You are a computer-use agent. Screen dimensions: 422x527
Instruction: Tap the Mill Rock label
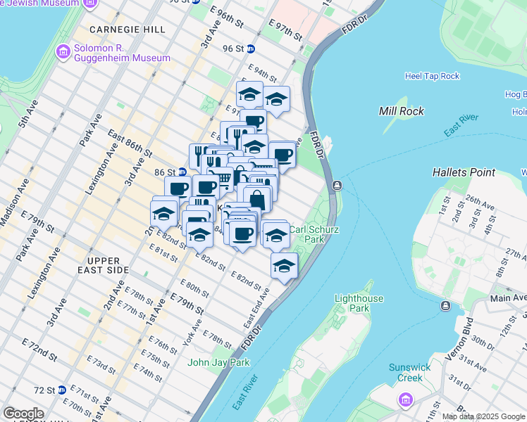pyautogui.click(x=401, y=111)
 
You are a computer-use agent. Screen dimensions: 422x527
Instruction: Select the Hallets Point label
pyautogui.click(x=464, y=172)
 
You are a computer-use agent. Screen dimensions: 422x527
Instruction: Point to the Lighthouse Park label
pyautogui.click(x=359, y=303)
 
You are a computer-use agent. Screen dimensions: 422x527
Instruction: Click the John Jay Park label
pyautogui.click(x=218, y=363)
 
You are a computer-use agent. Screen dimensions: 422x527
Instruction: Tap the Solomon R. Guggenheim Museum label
pyautogui.click(x=123, y=53)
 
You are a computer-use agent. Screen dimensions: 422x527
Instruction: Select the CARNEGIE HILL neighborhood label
pyautogui.click(x=128, y=30)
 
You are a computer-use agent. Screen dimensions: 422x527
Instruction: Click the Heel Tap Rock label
pyautogui.click(x=432, y=76)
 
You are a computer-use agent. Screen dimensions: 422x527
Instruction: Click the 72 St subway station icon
pyautogui.click(x=62, y=390)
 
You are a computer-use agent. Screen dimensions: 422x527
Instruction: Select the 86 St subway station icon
pyautogui.click(x=182, y=172)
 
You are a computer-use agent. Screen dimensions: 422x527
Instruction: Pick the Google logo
pyautogui.click(x=24, y=414)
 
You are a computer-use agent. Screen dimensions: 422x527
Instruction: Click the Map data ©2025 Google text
pyautogui.click(x=483, y=416)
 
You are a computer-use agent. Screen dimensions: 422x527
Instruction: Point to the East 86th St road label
pyautogui.click(x=130, y=143)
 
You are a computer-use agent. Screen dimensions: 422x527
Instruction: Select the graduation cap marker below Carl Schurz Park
pyautogui.click(x=284, y=265)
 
